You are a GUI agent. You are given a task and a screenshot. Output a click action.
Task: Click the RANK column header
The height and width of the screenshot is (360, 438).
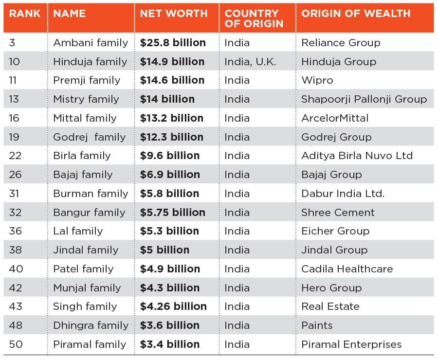click(x=25, y=14)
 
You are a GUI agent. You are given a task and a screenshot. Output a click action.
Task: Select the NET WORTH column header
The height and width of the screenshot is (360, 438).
click(x=174, y=14)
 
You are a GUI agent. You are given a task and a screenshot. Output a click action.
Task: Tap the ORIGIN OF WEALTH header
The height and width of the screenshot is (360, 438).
click(x=356, y=14)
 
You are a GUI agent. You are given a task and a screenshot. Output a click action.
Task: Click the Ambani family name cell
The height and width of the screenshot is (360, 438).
click(x=91, y=43)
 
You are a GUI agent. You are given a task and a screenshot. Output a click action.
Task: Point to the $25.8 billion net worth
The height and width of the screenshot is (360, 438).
click(x=173, y=43)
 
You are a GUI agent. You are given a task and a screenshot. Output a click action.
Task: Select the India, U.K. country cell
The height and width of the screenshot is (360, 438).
click(x=250, y=62)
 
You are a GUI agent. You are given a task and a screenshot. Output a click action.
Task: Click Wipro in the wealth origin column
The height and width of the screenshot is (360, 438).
click(x=317, y=80)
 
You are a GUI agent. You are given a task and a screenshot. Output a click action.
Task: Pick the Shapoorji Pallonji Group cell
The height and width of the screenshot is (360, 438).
click(x=364, y=99)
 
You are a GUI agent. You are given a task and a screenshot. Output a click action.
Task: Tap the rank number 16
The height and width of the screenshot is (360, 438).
click(x=15, y=118)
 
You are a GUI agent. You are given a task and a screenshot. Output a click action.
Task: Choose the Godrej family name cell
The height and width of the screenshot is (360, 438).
click(x=90, y=137)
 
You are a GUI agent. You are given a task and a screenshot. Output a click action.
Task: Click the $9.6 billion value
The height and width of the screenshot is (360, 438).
click(x=170, y=156)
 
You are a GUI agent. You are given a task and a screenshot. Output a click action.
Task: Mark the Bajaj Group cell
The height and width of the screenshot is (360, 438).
click(x=331, y=175)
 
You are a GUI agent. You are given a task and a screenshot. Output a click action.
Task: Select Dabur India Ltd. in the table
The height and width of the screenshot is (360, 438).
click(x=343, y=194)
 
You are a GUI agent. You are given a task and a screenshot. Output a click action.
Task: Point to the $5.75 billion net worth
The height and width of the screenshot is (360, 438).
click(x=173, y=213)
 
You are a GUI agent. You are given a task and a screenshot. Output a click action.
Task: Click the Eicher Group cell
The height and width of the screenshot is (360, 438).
click(x=335, y=231)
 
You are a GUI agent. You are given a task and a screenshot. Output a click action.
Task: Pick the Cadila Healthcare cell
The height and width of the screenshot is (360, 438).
click(x=347, y=269)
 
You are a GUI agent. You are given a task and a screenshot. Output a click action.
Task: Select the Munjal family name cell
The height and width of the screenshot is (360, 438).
click(x=87, y=288)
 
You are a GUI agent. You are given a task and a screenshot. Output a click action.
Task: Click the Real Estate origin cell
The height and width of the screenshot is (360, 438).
click(x=330, y=306)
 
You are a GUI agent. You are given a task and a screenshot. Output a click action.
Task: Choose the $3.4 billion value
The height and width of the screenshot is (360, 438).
click(x=170, y=344)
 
